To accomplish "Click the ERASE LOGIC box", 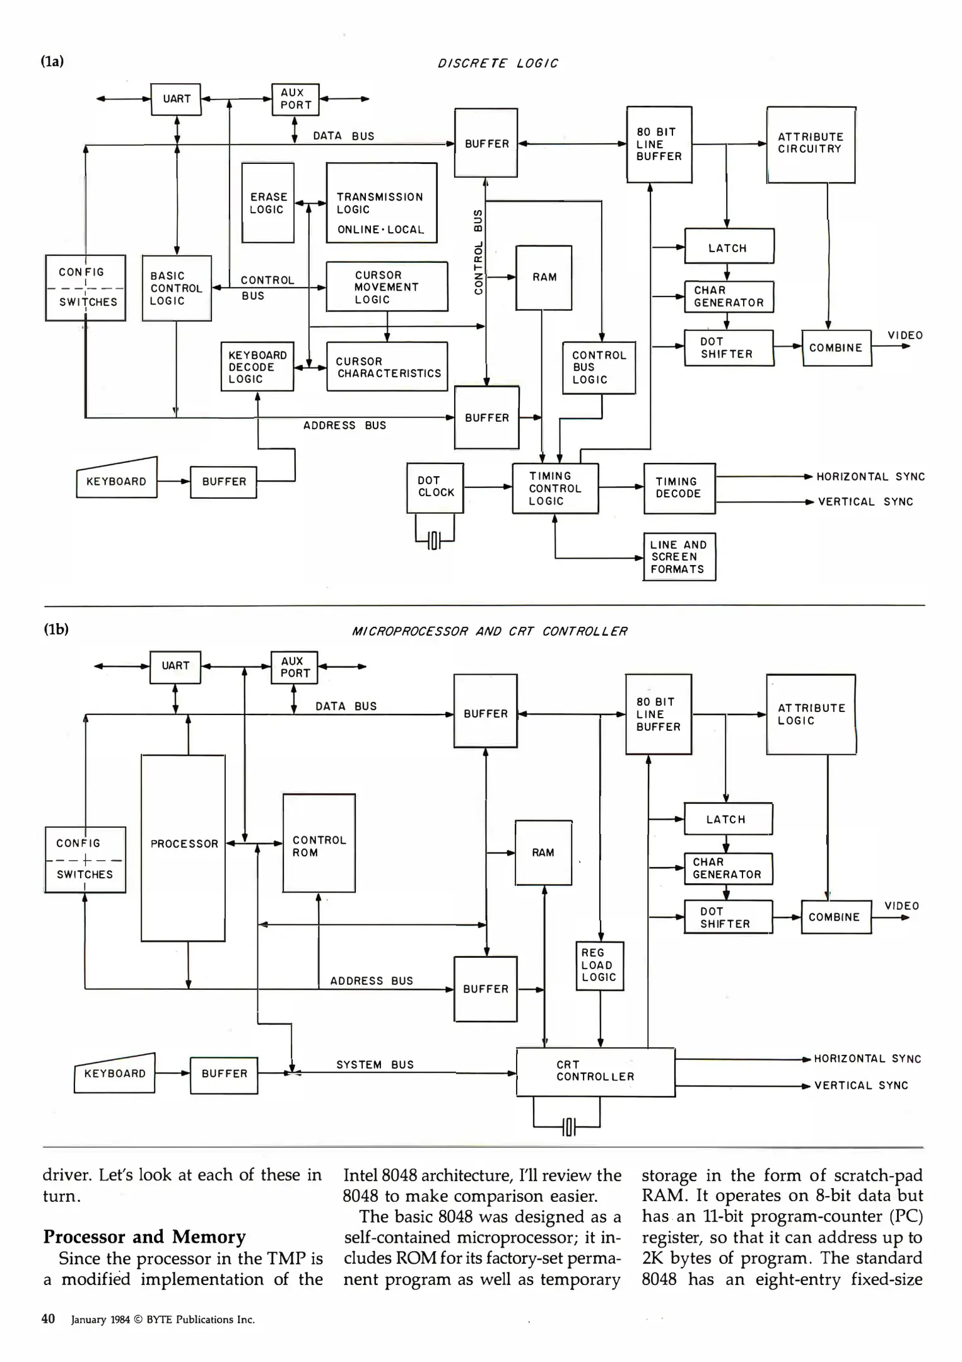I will (268, 203).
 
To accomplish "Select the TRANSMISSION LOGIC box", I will (381, 203).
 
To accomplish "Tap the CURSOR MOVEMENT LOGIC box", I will (387, 287).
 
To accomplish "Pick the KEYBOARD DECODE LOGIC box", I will (257, 367).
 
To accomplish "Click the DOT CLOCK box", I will (435, 487).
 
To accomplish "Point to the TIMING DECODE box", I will (679, 488).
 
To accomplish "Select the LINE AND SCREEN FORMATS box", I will (679, 557).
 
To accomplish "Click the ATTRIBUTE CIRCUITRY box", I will (811, 144).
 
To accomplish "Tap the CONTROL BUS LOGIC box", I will (599, 368).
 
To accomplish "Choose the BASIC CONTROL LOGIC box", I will (177, 288).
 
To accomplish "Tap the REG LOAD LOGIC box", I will (599, 965).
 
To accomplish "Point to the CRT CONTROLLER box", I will (595, 1072).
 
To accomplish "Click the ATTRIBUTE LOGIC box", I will (811, 714).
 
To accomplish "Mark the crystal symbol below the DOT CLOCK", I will (434, 540).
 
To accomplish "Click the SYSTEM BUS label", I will (375, 1065).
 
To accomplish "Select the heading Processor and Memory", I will (144, 1237).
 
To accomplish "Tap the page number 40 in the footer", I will (48, 1318).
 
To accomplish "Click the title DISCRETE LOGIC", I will (498, 63).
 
